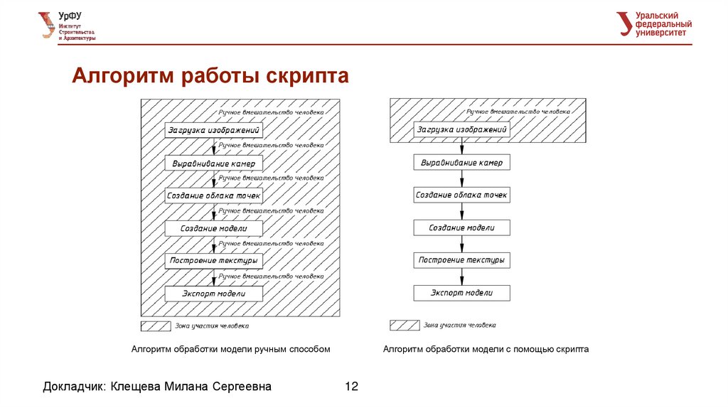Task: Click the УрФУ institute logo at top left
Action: tap(68, 26)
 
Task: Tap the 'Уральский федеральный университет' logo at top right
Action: tap(653, 23)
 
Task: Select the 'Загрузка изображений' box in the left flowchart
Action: tap(214, 131)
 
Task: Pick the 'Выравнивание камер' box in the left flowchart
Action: tap(214, 163)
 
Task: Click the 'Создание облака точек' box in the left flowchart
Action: tap(214, 195)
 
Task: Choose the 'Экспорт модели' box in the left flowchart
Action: tap(214, 294)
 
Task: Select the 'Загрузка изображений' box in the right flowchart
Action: tap(462, 130)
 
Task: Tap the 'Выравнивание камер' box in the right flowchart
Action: tap(462, 163)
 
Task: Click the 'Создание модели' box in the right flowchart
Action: tap(462, 228)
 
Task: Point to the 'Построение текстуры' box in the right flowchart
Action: tap(462, 260)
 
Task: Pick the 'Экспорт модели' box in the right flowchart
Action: tap(462, 293)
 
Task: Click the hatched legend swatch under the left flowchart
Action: tap(155, 326)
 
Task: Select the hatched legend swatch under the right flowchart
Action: tap(404, 326)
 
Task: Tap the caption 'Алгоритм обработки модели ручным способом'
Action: tap(231, 349)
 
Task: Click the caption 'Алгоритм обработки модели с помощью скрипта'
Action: tap(486, 349)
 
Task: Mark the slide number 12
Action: tap(351, 387)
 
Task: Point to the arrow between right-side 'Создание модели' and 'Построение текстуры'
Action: tap(462, 244)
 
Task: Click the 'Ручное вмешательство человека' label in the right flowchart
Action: tap(518, 112)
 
